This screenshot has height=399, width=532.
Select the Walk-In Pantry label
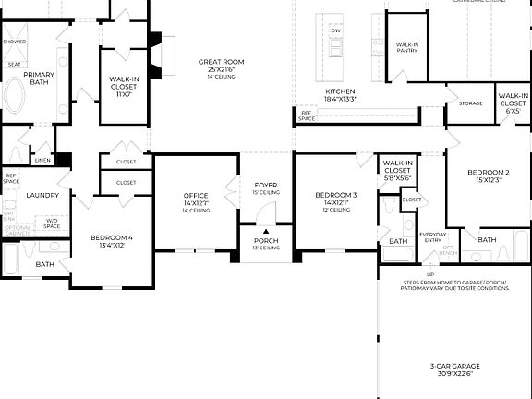407,47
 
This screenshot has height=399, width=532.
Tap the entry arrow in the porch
266,232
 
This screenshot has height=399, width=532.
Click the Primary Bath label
39,79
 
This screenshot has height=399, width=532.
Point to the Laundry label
42,195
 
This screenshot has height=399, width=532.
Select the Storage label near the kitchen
470,103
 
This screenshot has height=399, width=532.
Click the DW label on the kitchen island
335,30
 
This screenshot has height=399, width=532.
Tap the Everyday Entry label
432,236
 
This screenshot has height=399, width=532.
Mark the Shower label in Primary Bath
14,42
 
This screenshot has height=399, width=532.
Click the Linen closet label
42,160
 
